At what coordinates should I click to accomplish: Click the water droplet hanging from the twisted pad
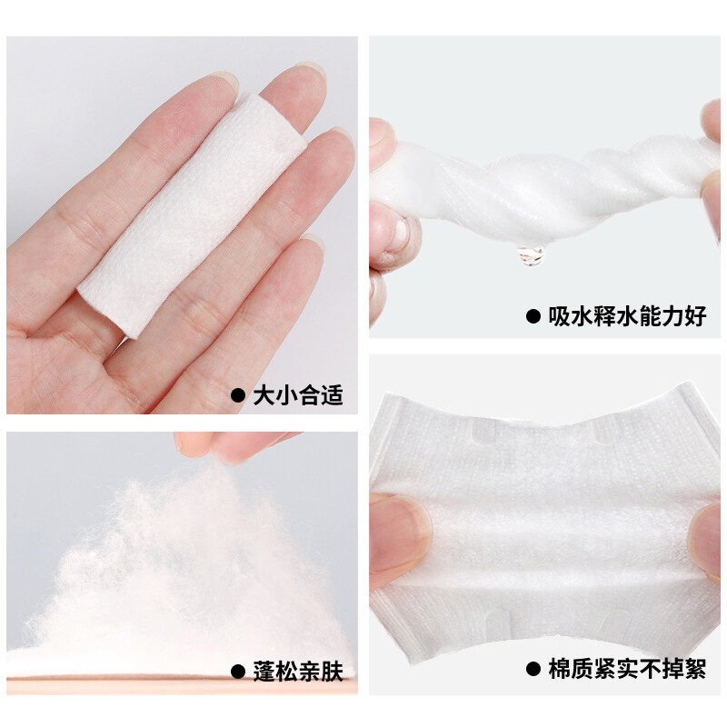(531, 255)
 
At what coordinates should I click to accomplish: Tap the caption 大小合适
(298, 395)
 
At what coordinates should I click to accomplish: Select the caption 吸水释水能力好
(627, 316)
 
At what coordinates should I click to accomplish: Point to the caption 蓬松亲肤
(298, 672)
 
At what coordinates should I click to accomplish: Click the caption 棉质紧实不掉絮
(627, 668)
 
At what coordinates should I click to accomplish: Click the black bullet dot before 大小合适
(238, 396)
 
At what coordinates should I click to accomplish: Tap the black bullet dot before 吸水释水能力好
(533, 316)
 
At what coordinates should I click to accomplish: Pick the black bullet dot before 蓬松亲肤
(238, 672)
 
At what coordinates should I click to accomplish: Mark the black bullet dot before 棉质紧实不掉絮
(533, 669)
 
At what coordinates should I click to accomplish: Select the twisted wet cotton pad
(543, 185)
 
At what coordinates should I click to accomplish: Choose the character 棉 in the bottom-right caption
(559, 668)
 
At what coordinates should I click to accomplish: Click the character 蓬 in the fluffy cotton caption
(264, 672)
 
